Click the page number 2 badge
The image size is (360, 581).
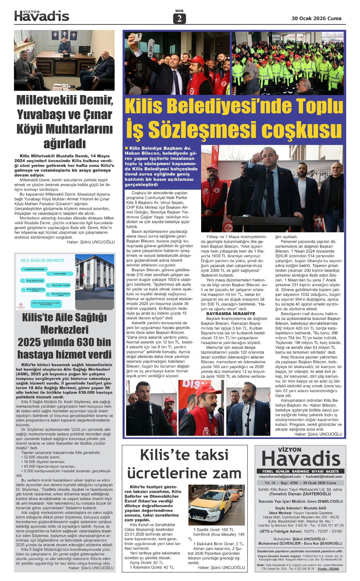tap(179, 19)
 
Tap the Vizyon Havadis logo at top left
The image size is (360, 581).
tap(42, 16)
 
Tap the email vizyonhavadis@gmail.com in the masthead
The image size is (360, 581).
tap(280, 476)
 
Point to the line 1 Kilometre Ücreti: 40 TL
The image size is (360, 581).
tap(152, 567)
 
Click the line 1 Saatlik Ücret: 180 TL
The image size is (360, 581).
tap(213, 530)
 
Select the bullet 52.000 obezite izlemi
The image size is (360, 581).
tap(42, 457)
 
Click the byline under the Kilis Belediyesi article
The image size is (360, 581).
tap(318, 434)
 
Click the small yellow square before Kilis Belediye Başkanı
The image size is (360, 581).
tap(127, 148)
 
